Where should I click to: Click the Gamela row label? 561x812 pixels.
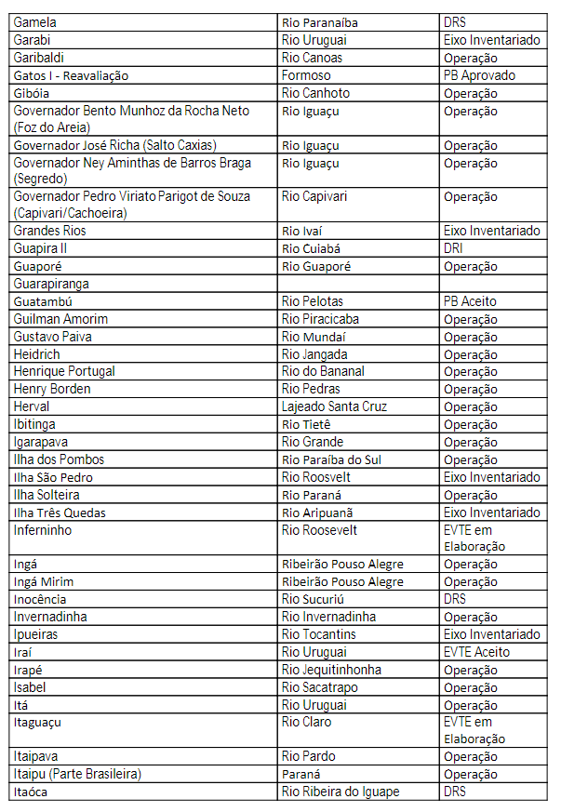pos(36,22)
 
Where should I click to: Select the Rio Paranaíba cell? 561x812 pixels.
pos(319,22)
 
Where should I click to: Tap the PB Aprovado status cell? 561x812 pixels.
pos(479,75)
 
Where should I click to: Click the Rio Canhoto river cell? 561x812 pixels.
pos(315,93)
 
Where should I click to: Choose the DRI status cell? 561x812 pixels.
pos(453,248)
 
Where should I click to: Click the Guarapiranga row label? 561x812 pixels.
pos(51,284)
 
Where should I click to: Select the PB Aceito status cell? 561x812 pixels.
pos(470,301)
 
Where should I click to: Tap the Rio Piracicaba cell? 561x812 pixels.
pos(320,319)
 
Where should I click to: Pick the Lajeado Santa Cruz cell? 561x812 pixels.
pos(334,406)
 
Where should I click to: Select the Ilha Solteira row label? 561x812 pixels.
pos(47,495)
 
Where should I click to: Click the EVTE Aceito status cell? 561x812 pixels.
pos(476,652)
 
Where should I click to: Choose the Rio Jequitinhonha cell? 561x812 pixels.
pos(331,670)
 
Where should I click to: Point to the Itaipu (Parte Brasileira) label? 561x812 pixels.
pos(77,774)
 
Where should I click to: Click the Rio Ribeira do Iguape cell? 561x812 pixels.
pos(341,792)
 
